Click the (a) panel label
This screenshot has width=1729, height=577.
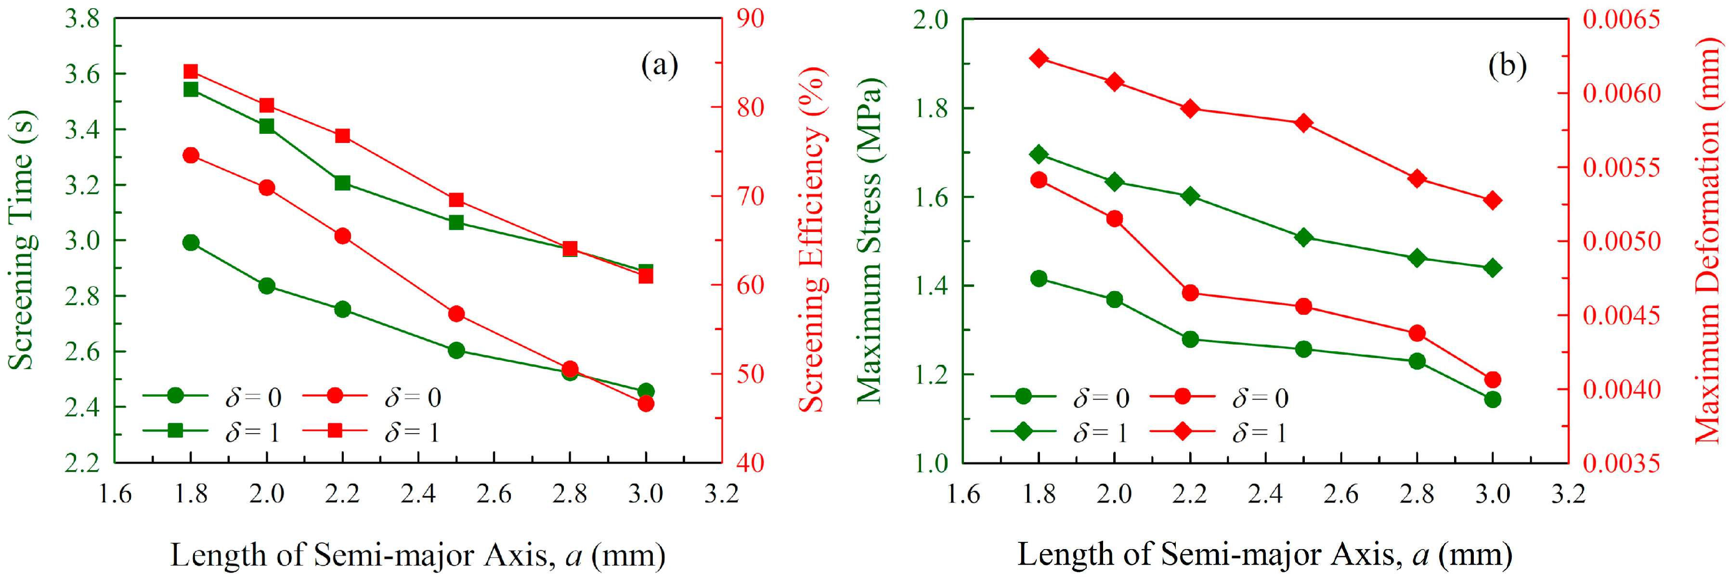pyautogui.click(x=660, y=66)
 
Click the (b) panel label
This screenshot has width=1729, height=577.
pyautogui.click(x=1508, y=66)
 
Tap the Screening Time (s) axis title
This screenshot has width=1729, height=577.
pyautogui.click(x=22, y=240)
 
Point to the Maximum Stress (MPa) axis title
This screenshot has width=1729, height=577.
pyautogui.click(x=870, y=240)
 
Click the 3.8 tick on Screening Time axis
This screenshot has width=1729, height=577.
pyautogui.click(x=82, y=19)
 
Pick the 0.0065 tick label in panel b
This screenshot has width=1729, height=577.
pyautogui.click(x=1622, y=19)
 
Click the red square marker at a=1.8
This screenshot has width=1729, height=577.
pyautogui.click(x=191, y=72)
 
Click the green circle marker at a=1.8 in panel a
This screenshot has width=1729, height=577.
pyautogui.click(x=191, y=242)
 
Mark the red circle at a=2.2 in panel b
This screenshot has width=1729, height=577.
pyautogui.click(x=1190, y=293)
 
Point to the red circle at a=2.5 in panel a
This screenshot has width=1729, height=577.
pyautogui.click(x=456, y=313)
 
